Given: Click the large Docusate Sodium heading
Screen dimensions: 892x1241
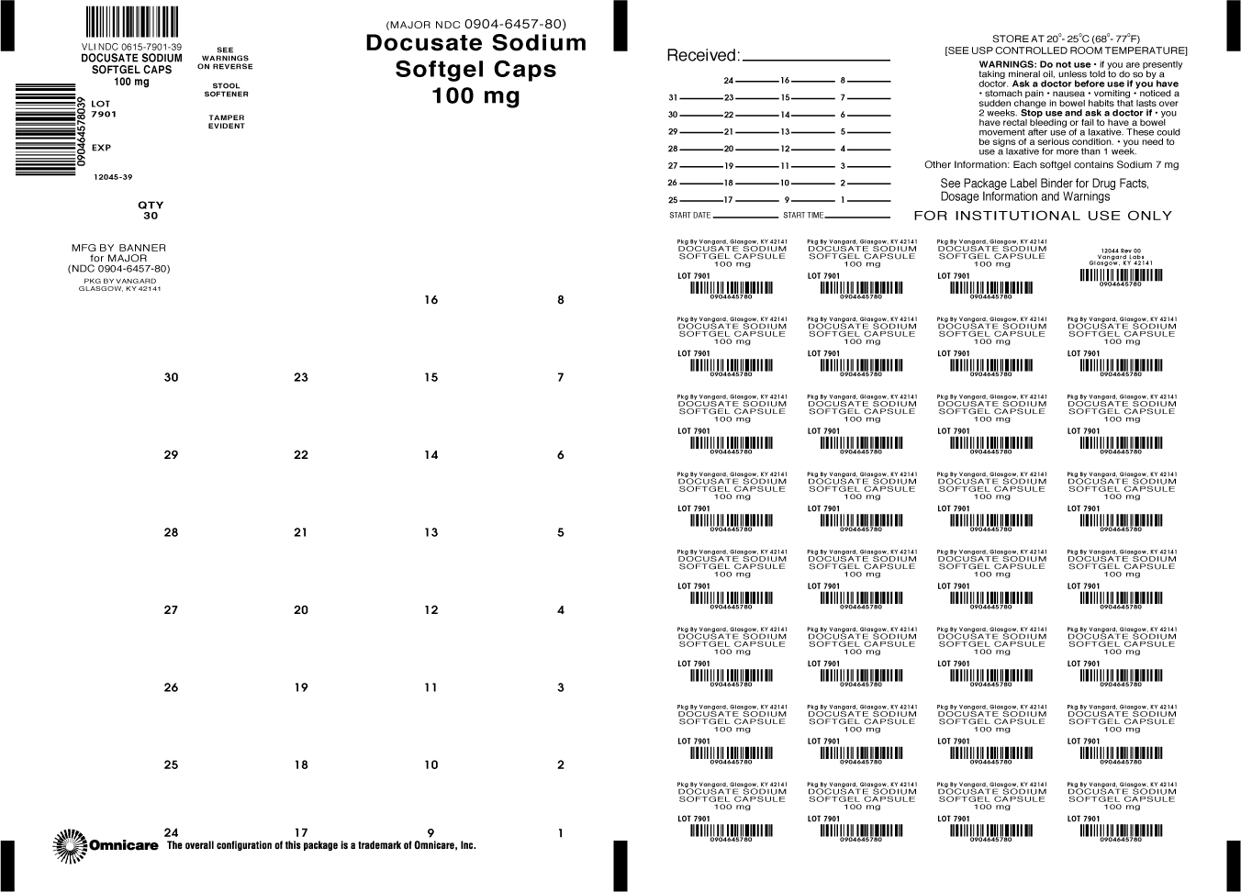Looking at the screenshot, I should pyautogui.click(x=475, y=43).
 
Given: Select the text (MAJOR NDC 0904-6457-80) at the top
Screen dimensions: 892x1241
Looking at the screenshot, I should pyautogui.click(x=475, y=24).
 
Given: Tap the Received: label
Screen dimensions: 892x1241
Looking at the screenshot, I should pyautogui.click(x=702, y=55).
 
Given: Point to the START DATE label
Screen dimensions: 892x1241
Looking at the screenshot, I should pyautogui.click(x=690, y=216).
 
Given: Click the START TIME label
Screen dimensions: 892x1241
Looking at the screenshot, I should pyautogui.click(x=803, y=216).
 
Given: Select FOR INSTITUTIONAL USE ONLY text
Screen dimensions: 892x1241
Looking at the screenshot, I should pyautogui.click(x=1043, y=216).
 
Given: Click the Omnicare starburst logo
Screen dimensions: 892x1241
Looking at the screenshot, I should pyautogui.click(x=70, y=845).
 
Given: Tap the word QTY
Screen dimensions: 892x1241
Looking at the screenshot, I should pyautogui.click(x=151, y=206).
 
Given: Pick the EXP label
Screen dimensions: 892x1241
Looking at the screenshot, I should pyautogui.click(x=101, y=148).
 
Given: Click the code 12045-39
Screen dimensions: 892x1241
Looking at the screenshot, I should pyautogui.click(x=113, y=177).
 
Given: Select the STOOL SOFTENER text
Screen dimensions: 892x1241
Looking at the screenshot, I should pyautogui.click(x=226, y=90).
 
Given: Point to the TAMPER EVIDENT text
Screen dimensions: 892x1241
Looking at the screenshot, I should pyautogui.click(x=226, y=122).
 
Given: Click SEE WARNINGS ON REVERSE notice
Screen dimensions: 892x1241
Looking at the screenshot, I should pyautogui.click(x=226, y=59).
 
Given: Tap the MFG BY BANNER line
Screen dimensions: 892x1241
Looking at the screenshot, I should pyautogui.click(x=119, y=248).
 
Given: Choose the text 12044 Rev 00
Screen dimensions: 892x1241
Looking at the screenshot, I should pyautogui.click(x=1121, y=250).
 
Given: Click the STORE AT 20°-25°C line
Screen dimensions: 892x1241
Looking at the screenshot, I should pyautogui.click(x=1066, y=39).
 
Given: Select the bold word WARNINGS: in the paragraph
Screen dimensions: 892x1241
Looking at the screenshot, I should pyautogui.click(x=1007, y=65).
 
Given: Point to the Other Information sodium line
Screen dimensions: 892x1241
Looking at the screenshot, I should pyautogui.click(x=1051, y=165).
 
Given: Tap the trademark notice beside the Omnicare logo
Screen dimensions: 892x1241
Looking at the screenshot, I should pyautogui.click(x=321, y=846).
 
